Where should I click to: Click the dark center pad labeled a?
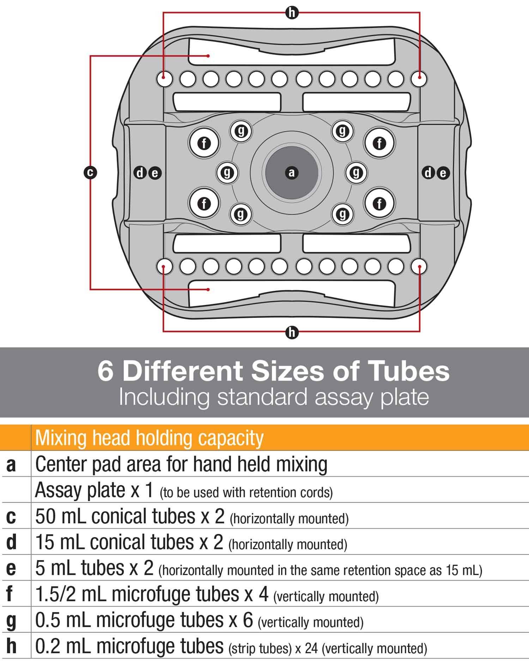pos(292,173)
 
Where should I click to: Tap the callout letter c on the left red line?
pos(90,173)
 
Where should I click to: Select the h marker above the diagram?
pos(292,13)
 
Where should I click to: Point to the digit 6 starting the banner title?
pos(105,371)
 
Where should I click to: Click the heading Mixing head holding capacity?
pos(149,438)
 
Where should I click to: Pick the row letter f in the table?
pos(11,594)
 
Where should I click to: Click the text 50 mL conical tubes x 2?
pos(130,516)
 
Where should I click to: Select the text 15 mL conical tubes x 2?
pos(129,542)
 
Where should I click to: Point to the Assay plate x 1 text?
pos(94,490)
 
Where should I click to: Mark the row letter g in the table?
pos(11,621)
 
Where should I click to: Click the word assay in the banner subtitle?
pos(340,397)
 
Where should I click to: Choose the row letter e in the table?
pos(11,569)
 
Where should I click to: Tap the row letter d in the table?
pos(11,542)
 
